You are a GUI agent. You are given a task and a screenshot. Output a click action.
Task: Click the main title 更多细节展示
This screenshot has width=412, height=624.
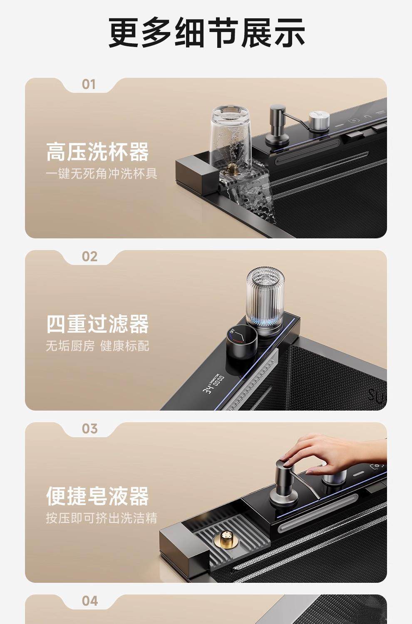[x=206, y=32]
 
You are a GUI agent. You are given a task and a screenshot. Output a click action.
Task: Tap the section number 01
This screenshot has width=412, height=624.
[x=89, y=85]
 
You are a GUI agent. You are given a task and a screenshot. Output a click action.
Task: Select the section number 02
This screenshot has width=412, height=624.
[x=89, y=257]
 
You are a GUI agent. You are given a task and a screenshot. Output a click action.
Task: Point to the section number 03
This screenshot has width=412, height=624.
[x=89, y=429]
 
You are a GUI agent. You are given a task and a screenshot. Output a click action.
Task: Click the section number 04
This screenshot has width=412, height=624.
[x=90, y=601]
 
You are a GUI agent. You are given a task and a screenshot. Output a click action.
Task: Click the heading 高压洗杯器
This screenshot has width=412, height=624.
[x=97, y=152]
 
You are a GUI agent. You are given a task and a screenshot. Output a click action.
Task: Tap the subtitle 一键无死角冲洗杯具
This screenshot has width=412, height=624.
[x=102, y=174]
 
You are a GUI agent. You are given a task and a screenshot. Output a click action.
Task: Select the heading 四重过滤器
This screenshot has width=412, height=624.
[x=97, y=324]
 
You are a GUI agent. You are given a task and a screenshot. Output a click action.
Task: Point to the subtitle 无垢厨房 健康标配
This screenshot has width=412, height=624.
[x=97, y=346]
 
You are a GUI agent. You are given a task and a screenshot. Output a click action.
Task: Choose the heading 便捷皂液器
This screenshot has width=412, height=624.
[x=97, y=496]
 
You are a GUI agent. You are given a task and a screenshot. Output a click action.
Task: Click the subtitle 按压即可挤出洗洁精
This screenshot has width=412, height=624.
[x=102, y=518]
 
